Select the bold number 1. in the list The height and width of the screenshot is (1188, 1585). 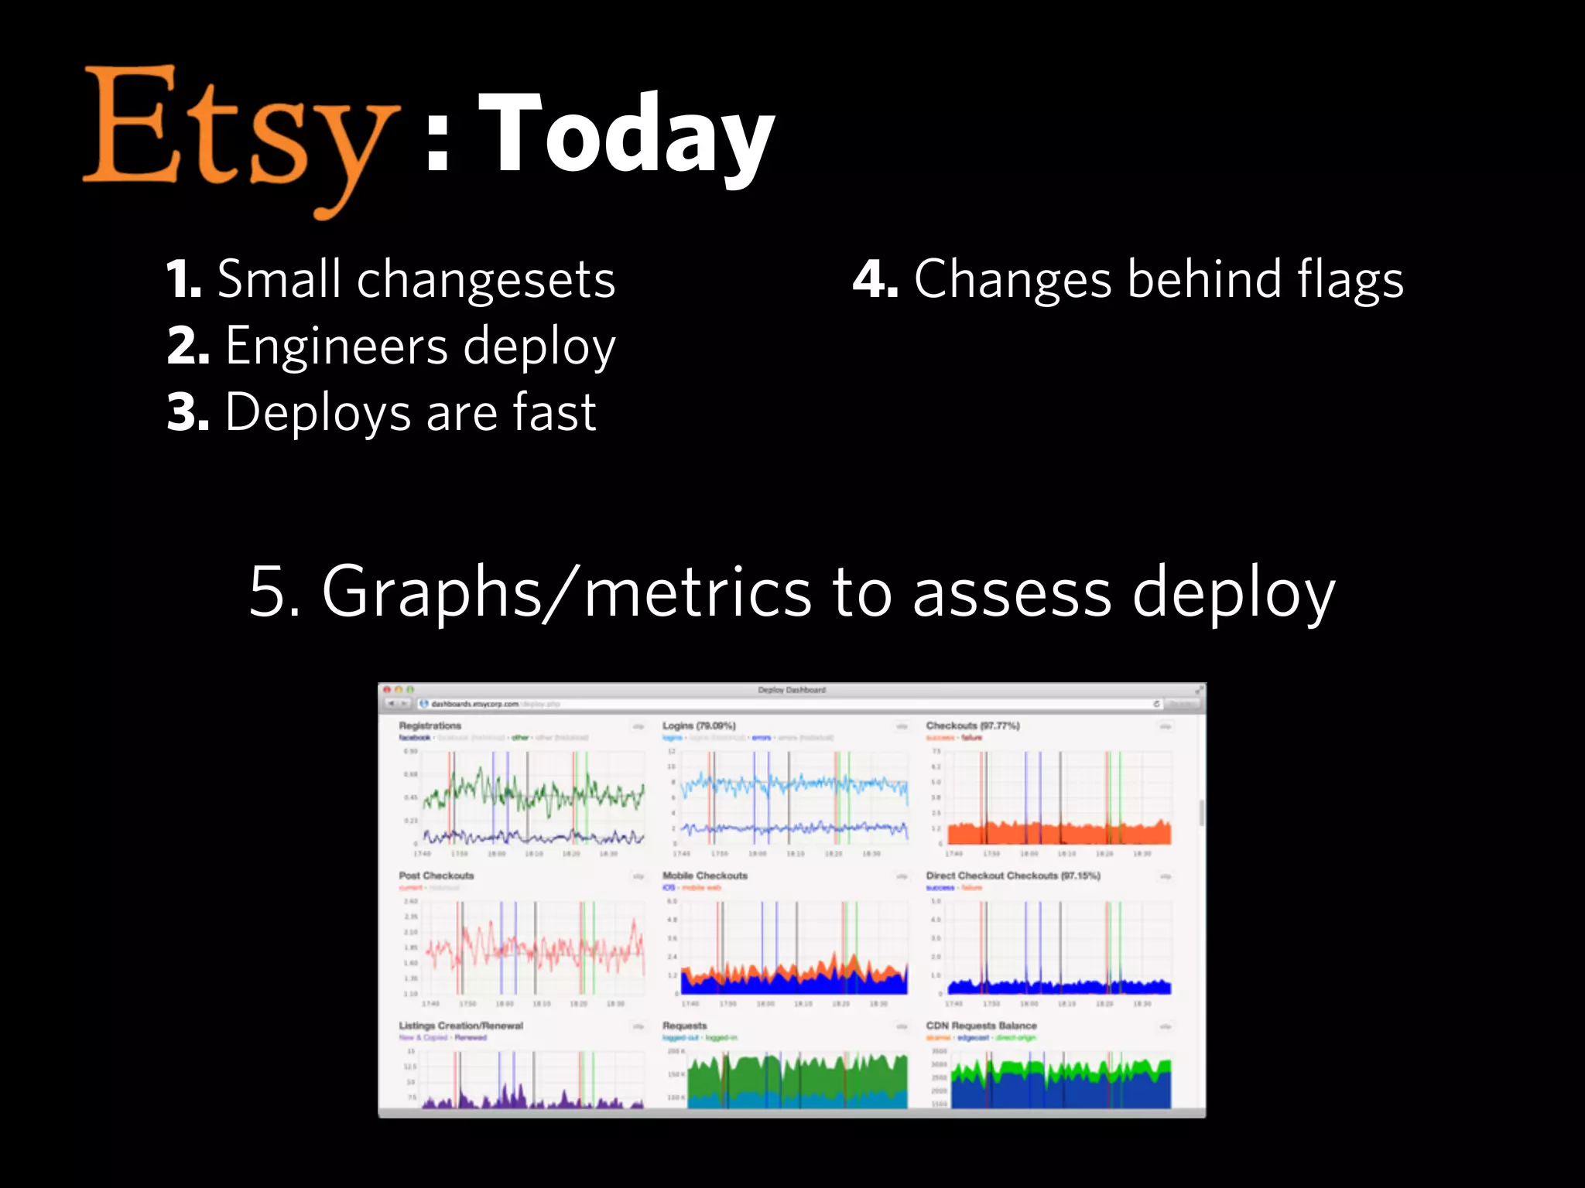pos(184,280)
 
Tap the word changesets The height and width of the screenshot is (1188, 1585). pos(485,280)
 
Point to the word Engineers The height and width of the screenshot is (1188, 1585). pos(337,346)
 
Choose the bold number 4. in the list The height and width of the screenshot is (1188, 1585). pos(875,280)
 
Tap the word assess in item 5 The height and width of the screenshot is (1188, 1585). pos(1012,592)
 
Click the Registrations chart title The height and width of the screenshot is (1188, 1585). pos(430,725)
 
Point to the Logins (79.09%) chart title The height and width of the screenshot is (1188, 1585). pos(698,725)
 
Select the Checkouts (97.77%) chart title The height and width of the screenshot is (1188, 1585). pos(972,725)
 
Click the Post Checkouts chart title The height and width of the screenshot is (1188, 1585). pos(436,876)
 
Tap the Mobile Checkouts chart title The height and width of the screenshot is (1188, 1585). pos(704,876)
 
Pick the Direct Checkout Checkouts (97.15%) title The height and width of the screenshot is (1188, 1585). pos(1012,876)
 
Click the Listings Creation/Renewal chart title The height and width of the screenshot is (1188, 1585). pos(460,1026)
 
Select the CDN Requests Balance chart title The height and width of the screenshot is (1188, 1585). pos(981,1026)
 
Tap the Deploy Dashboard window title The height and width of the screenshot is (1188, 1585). pos(791,689)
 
